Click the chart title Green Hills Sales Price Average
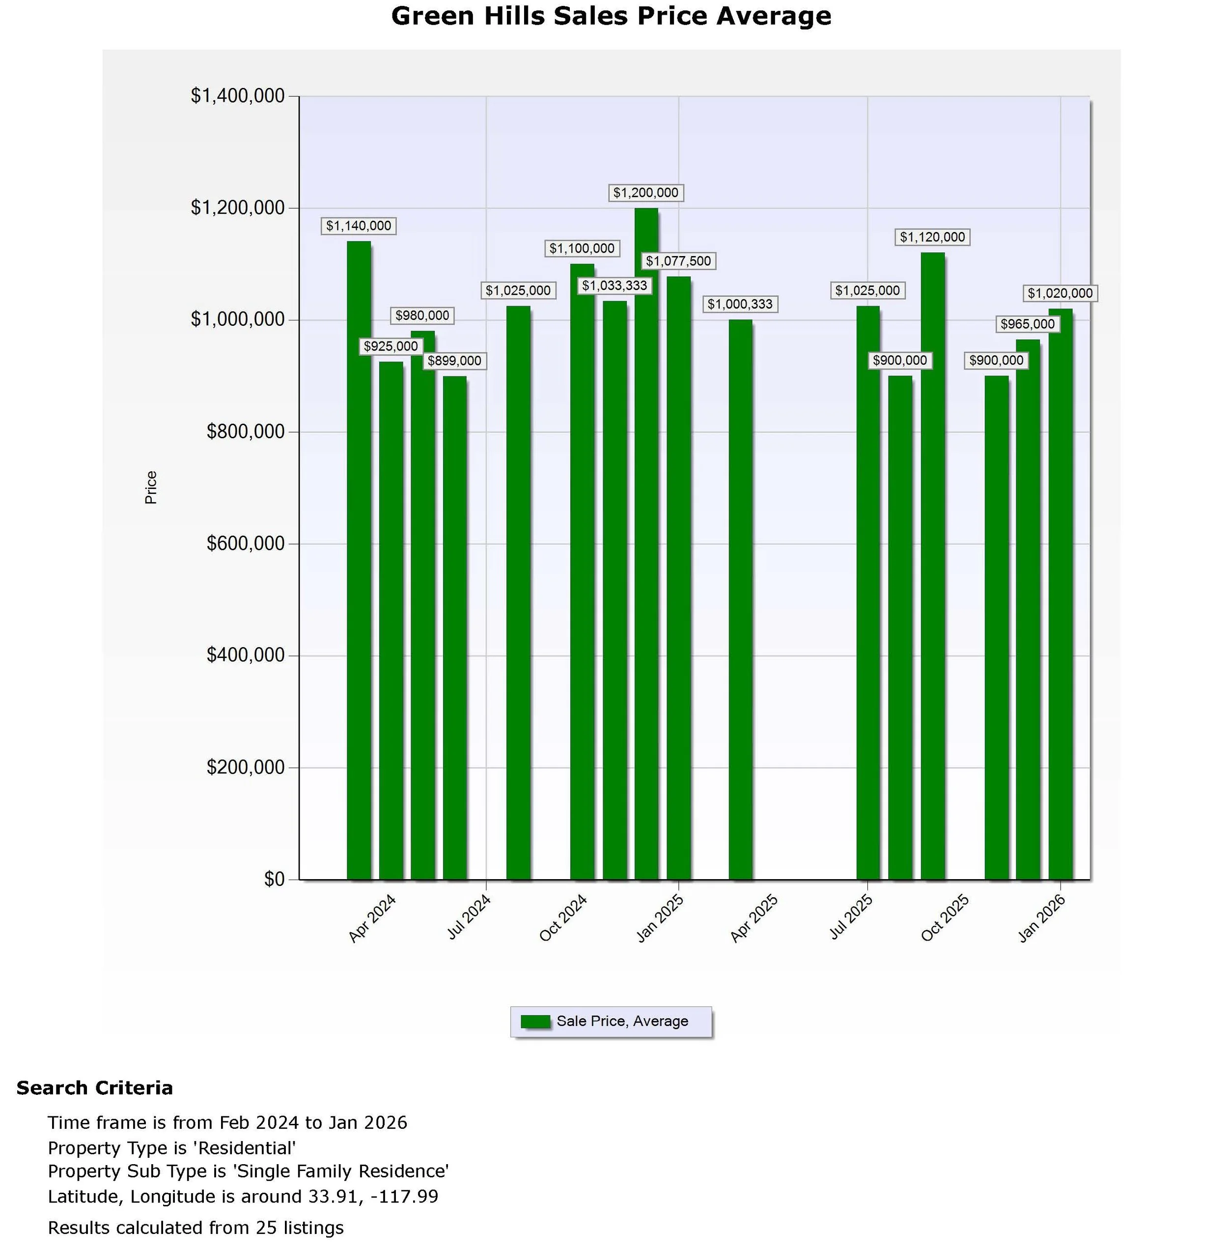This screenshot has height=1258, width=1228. click(x=611, y=16)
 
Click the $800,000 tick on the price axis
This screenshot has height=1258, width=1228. click(x=246, y=431)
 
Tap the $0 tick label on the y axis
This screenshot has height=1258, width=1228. click(x=274, y=879)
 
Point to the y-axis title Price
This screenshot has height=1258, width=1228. click(x=151, y=487)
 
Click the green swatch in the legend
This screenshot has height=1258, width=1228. click(x=535, y=1021)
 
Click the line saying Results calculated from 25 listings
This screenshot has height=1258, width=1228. click(x=195, y=1228)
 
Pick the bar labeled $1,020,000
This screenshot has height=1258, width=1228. click(x=1061, y=594)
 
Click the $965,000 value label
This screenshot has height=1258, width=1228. click(x=1028, y=324)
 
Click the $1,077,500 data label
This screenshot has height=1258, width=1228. click(x=678, y=261)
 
